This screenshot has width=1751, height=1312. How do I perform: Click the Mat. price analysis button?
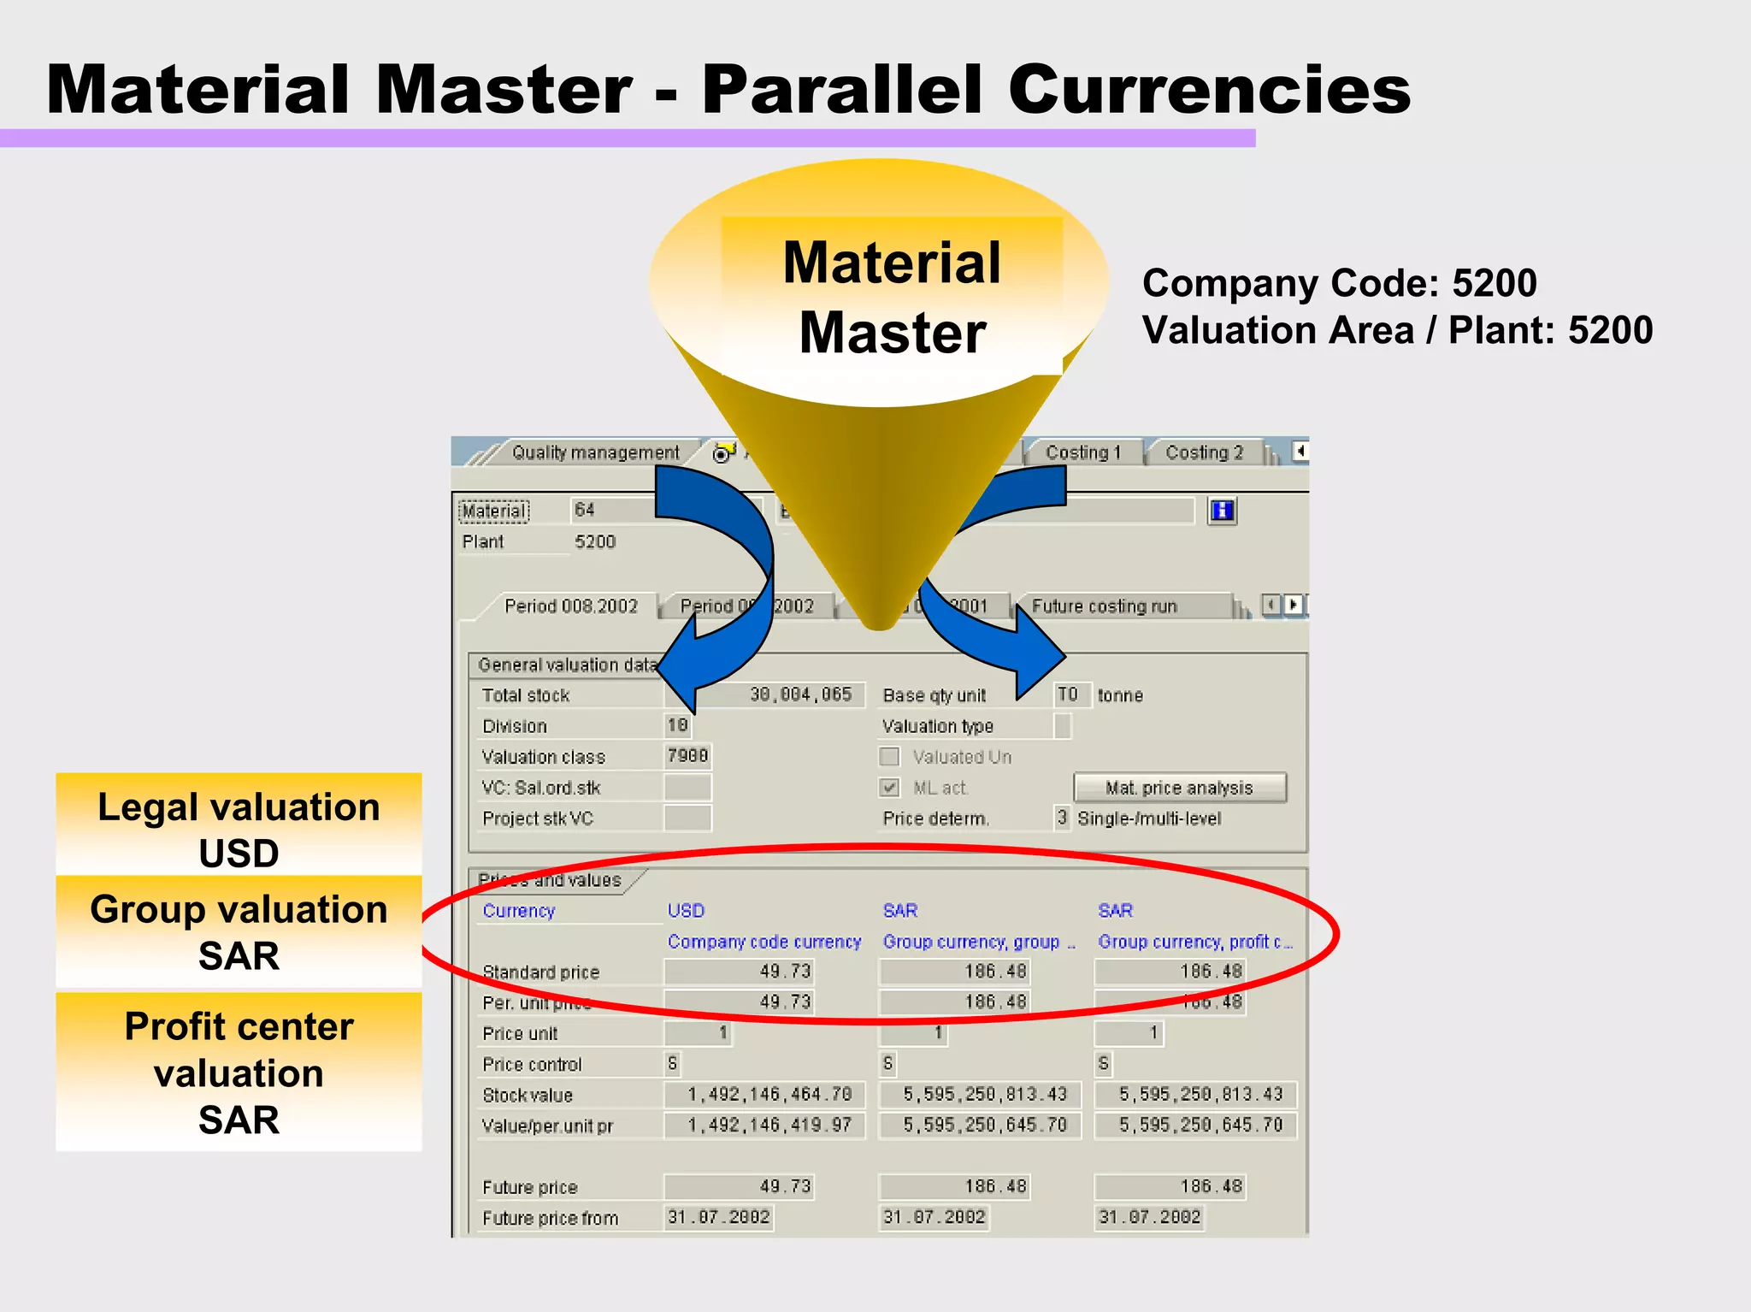pyautogui.click(x=1179, y=788)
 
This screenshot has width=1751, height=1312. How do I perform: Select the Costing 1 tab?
pyautogui.click(x=1082, y=452)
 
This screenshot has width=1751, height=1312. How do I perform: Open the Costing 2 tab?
pyautogui.click(x=1204, y=452)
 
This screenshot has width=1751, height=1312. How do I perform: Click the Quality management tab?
pyautogui.click(x=595, y=452)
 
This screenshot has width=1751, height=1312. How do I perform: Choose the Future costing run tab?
pyautogui.click(x=1104, y=606)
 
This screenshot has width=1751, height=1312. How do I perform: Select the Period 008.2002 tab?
pyautogui.click(x=571, y=606)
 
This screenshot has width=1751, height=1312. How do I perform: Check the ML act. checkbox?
pyautogui.click(x=890, y=788)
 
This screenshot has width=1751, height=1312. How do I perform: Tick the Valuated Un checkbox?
pyautogui.click(x=890, y=757)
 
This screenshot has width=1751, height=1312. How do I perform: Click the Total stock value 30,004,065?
pyautogui.click(x=799, y=694)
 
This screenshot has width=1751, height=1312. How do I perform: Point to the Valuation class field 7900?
pyautogui.click(x=687, y=756)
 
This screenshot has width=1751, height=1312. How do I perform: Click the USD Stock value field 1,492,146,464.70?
pyautogui.click(x=766, y=1095)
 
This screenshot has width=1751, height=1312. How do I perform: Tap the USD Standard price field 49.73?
pyautogui.click(x=740, y=972)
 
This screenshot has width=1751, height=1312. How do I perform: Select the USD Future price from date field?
pyautogui.click(x=719, y=1217)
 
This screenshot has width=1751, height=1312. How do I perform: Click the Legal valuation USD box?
pyautogui.click(x=239, y=828)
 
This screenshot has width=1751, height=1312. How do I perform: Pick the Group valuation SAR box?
pyautogui.click(x=239, y=931)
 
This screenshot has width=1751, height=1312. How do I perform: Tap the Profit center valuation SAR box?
pyautogui.click(x=239, y=1072)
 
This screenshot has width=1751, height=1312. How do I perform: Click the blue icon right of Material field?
pyautogui.click(x=1223, y=511)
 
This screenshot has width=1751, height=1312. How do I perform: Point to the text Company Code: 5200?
pyautogui.click(x=1339, y=283)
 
